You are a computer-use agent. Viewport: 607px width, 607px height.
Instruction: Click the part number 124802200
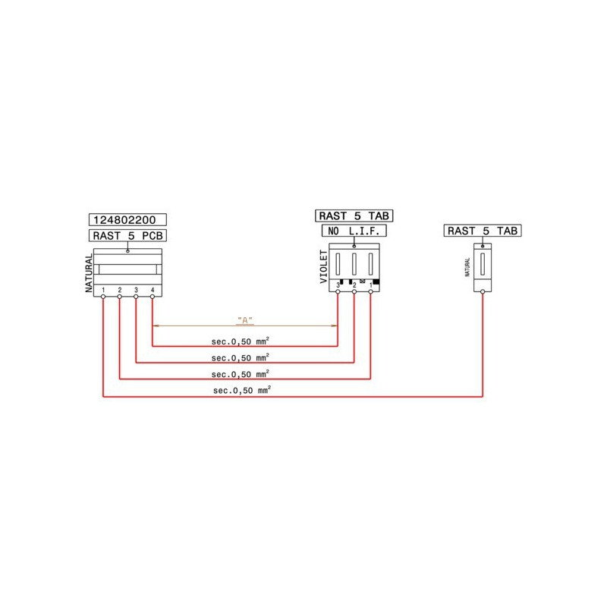point(127,220)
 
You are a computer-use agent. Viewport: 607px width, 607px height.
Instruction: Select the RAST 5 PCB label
point(127,235)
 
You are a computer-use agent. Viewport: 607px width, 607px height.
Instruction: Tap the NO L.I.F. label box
point(354,230)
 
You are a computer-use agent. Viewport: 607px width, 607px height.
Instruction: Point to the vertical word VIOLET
point(323,267)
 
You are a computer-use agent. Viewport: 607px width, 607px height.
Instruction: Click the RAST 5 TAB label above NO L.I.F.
point(354,215)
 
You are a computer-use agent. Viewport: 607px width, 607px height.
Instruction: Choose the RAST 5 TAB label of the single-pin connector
point(483,231)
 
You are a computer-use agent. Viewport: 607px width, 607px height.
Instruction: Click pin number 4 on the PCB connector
point(153,290)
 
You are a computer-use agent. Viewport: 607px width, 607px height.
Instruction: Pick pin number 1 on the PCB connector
point(103,290)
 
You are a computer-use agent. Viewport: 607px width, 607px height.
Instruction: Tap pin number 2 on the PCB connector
point(120,290)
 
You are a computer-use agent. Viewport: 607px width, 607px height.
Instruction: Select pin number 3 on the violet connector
point(338,285)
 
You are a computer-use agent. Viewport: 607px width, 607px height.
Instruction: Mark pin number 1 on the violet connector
point(371,285)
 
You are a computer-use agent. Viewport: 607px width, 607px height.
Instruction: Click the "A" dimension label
point(244,319)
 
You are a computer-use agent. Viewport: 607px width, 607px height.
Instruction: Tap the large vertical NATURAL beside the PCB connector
point(89,273)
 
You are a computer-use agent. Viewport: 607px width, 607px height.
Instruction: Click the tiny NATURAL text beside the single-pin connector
point(467,266)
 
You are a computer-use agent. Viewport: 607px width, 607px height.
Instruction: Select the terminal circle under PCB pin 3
point(136,297)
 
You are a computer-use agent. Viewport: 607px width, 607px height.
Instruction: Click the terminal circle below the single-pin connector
point(483,295)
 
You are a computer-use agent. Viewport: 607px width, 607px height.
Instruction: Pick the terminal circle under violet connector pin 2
point(354,292)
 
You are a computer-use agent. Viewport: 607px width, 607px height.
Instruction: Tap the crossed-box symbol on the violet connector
point(362,282)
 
